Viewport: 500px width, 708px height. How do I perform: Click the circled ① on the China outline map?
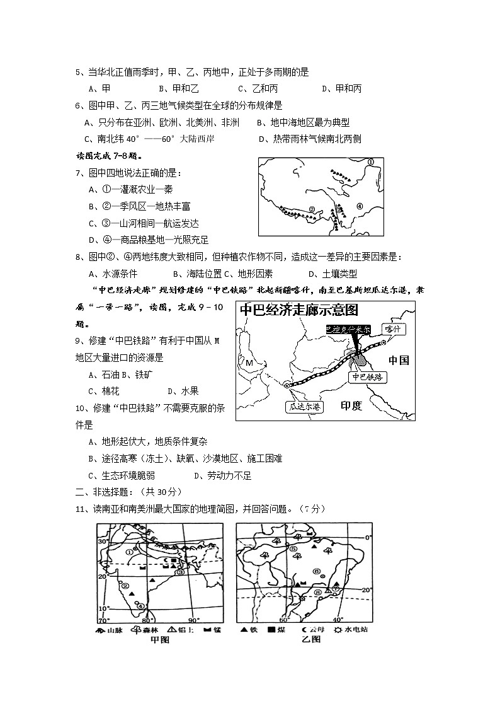click(x=371, y=162)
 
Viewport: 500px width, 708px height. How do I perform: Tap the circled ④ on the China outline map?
click(x=360, y=205)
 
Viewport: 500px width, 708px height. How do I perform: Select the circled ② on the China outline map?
click(x=311, y=209)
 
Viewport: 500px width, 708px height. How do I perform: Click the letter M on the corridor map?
click(x=249, y=363)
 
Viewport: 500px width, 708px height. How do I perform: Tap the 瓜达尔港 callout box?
click(x=304, y=407)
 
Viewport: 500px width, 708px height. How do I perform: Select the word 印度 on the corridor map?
click(x=351, y=405)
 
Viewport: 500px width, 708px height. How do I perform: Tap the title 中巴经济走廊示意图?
click(x=298, y=310)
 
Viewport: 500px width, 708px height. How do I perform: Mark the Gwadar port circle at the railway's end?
click(x=287, y=385)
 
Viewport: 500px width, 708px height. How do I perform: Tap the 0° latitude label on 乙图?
click(x=370, y=537)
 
